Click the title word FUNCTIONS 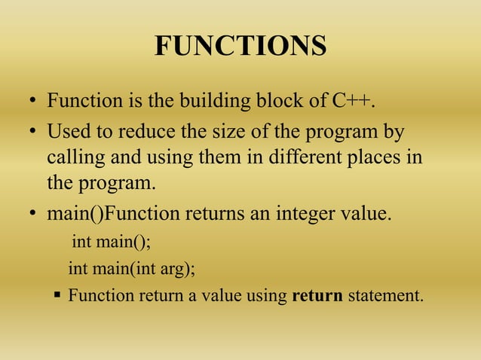tap(240, 47)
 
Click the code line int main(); tap(111, 243)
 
